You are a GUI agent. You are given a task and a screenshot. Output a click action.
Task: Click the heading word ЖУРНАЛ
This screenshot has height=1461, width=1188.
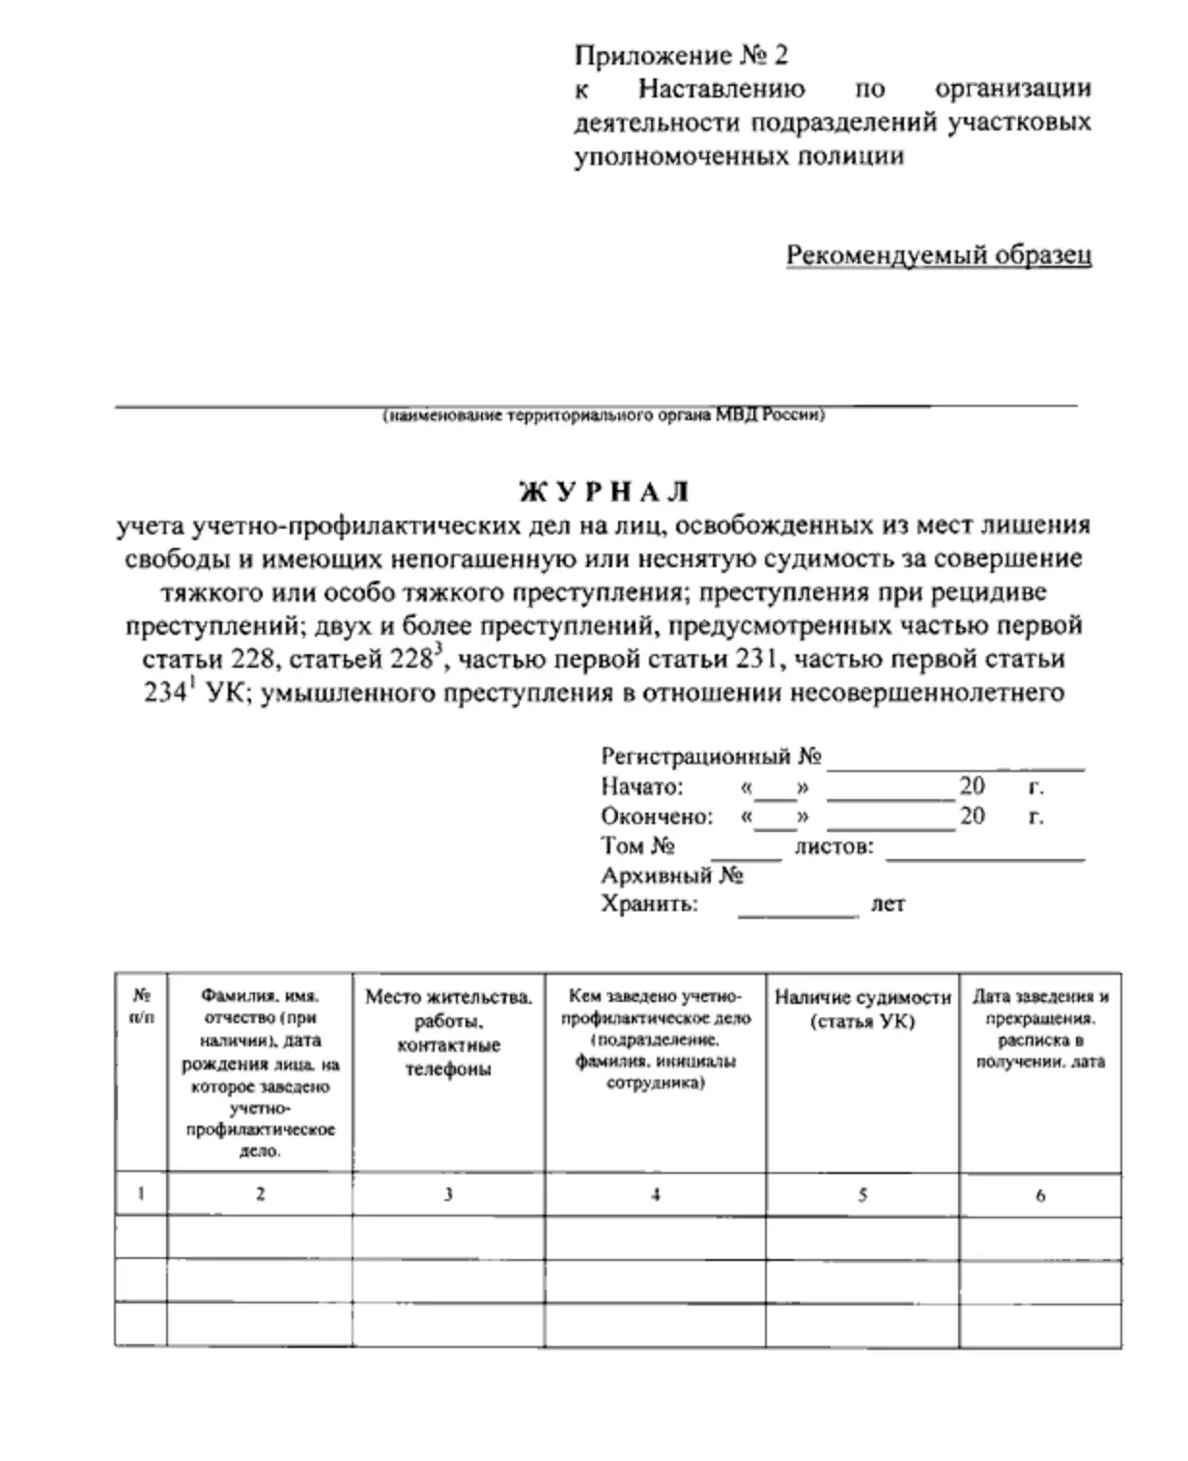pyautogui.click(x=605, y=492)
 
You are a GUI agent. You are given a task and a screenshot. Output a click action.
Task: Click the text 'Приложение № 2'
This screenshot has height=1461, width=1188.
pyautogui.click(x=681, y=55)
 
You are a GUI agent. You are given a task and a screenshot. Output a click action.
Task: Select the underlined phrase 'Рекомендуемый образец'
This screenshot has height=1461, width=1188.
pyautogui.click(x=938, y=255)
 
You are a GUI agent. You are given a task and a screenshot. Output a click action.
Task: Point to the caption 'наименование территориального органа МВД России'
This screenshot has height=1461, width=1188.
pyautogui.click(x=604, y=415)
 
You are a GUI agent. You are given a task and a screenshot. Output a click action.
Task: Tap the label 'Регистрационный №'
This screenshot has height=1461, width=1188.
pyautogui.click(x=711, y=757)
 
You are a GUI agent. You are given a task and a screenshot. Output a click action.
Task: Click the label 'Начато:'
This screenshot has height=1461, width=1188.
pyautogui.click(x=641, y=787)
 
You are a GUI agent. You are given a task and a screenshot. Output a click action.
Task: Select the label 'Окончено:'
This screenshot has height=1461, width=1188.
pyautogui.click(x=656, y=816)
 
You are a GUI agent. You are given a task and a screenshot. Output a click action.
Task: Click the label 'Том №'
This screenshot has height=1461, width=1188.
pyautogui.click(x=636, y=846)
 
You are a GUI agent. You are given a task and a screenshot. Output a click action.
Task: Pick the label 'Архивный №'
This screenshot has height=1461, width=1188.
pyautogui.click(x=671, y=876)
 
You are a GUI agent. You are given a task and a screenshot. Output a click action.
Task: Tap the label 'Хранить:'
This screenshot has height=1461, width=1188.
pyautogui.click(x=648, y=905)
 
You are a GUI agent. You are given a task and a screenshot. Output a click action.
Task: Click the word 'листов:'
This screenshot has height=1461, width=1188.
pyautogui.click(x=834, y=847)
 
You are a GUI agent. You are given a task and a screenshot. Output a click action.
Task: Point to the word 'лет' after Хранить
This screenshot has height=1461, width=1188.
pyautogui.click(x=888, y=905)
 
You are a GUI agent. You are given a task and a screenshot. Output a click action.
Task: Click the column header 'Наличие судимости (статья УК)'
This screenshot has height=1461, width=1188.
pyautogui.click(x=863, y=1009)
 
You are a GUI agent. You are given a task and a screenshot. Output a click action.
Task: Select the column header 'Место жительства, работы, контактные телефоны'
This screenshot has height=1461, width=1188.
pyautogui.click(x=448, y=1033)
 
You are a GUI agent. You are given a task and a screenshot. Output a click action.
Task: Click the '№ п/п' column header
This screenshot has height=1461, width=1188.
pyautogui.click(x=141, y=1006)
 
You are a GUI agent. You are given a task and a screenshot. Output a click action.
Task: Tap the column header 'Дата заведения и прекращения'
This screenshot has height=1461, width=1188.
pyautogui.click(x=1040, y=1029)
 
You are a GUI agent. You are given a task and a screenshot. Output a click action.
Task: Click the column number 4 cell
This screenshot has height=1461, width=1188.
pyautogui.click(x=655, y=1195)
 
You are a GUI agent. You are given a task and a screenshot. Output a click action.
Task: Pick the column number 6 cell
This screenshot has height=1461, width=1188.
pyautogui.click(x=1040, y=1195)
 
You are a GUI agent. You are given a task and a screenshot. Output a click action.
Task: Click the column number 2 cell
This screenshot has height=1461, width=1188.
pyautogui.click(x=260, y=1194)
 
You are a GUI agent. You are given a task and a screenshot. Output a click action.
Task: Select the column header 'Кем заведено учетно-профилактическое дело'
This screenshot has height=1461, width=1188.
pyautogui.click(x=655, y=1039)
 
